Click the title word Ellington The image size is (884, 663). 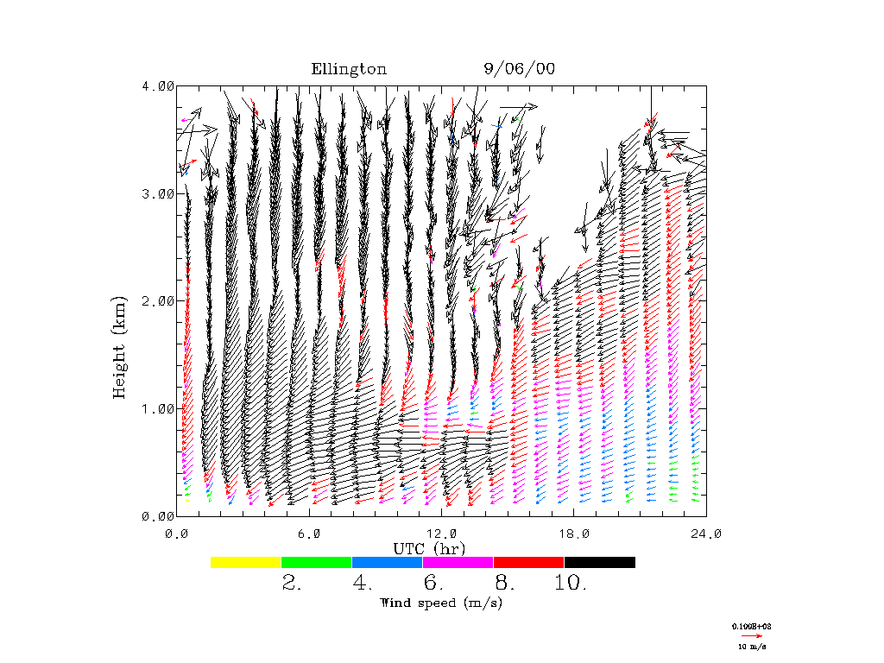click(x=349, y=69)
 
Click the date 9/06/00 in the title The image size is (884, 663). click(x=519, y=69)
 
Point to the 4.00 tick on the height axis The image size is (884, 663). click(x=158, y=85)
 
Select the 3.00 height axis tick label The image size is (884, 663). click(x=158, y=193)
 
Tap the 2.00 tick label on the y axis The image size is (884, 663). click(x=158, y=300)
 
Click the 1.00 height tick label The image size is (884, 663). click(x=158, y=408)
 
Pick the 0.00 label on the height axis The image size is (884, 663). click(x=158, y=515)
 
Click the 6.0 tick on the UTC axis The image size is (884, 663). click(x=310, y=534)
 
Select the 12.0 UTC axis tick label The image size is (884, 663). click(x=442, y=534)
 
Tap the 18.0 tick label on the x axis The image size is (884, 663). click(x=574, y=534)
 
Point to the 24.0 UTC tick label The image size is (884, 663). click(x=706, y=534)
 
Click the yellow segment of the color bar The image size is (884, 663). click(x=245, y=562)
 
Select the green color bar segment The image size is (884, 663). click(x=316, y=562)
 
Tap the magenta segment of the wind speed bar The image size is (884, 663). click(x=458, y=562)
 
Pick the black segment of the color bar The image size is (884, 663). click(x=599, y=562)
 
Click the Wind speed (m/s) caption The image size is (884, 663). click(x=441, y=603)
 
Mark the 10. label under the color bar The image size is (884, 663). click(x=570, y=584)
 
